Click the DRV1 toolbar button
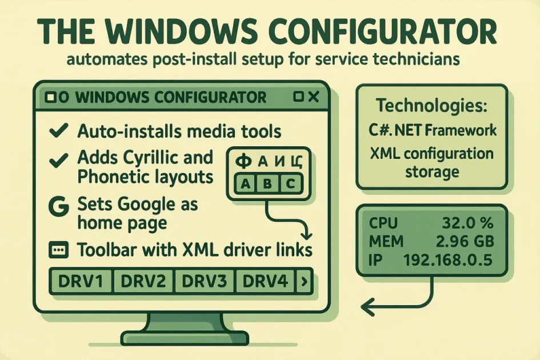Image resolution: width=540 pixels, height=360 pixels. (x=81, y=281)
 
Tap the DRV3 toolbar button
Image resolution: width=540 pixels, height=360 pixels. (x=203, y=281)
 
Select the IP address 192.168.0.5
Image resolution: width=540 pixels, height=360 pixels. (x=449, y=261)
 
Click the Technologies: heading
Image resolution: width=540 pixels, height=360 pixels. (x=431, y=106)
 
